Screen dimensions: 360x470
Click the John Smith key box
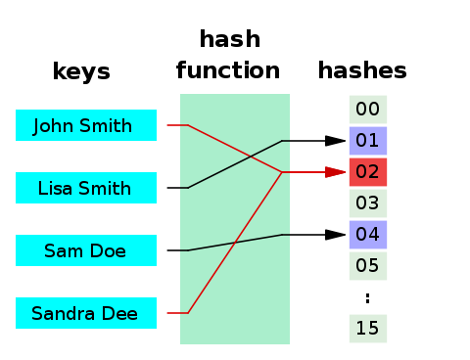click(86, 125)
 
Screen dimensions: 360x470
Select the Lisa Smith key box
click(86, 188)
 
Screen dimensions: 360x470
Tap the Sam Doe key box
click(86, 250)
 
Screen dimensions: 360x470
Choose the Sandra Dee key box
click(86, 313)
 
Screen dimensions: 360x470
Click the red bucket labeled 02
click(368, 172)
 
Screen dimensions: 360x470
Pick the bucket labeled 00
click(368, 110)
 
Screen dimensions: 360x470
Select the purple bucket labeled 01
click(368, 141)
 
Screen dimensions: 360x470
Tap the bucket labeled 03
click(368, 203)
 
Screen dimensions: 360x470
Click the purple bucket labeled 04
click(368, 235)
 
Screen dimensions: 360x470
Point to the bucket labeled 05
click(368, 266)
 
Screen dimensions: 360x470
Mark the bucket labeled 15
click(368, 329)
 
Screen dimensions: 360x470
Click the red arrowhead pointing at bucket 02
click(337, 172)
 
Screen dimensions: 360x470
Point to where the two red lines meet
click(282, 172)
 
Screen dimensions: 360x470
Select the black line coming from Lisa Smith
click(235, 164)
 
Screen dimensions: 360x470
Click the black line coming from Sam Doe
click(235, 243)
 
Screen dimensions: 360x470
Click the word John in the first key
click(53, 125)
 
